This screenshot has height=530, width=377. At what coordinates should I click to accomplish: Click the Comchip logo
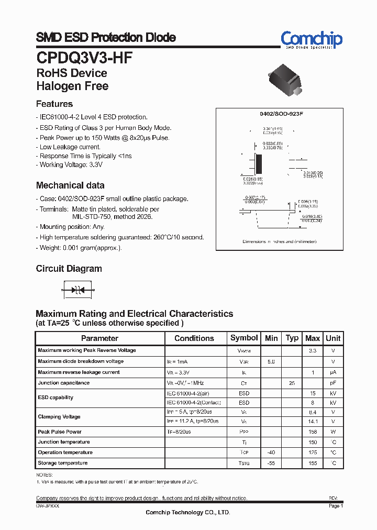[x=311, y=40]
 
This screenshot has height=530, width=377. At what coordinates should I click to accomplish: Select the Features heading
[x=54, y=104]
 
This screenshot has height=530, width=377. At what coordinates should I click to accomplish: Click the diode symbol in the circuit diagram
[x=77, y=289]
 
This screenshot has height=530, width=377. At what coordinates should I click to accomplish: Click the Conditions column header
[x=194, y=338]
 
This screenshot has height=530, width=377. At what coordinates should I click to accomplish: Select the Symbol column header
[x=244, y=338]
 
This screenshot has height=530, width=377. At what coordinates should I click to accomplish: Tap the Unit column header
[x=332, y=338]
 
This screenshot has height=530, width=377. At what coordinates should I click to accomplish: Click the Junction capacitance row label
[x=64, y=383]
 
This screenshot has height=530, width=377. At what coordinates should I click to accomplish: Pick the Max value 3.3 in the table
[x=312, y=350]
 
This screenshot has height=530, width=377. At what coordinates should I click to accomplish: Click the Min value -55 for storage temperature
[x=271, y=463]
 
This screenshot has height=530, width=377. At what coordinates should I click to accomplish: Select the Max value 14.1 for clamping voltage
[x=312, y=422]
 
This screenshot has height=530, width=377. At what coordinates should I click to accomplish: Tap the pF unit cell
[x=332, y=383]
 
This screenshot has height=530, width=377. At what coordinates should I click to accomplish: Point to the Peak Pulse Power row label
[x=60, y=432]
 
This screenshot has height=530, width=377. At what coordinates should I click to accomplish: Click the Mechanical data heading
[x=70, y=185]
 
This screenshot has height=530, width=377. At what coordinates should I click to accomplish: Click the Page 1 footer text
[x=336, y=506]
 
